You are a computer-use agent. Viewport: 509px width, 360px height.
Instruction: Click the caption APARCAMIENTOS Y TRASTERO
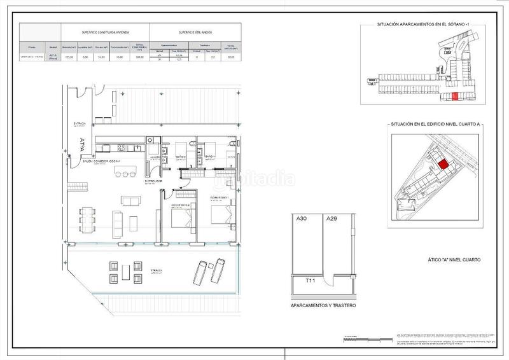[323, 306]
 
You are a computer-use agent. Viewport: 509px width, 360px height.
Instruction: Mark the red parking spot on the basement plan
[454, 96]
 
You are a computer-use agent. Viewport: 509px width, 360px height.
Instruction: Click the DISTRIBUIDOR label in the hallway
[154, 181]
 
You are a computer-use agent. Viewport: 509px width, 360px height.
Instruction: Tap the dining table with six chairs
[87, 219]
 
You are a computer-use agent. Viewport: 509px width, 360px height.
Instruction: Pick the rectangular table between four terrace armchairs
[126, 272]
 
